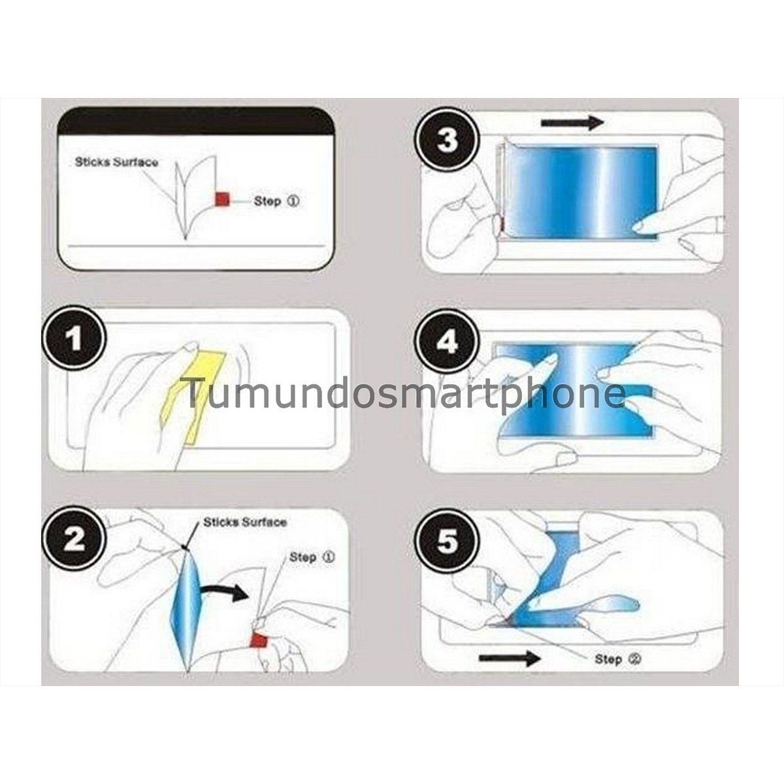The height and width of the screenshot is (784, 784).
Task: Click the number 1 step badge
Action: click(x=74, y=339)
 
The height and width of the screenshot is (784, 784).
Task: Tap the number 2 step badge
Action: click(x=74, y=539)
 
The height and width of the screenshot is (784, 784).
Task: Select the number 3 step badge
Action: click(x=448, y=140)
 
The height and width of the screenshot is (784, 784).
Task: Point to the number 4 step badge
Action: click(x=448, y=342)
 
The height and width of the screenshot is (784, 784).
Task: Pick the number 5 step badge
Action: click(x=448, y=542)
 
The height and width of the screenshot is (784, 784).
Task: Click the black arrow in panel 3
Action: click(x=572, y=122)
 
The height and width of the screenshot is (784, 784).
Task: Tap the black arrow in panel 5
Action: click(x=509, y=658)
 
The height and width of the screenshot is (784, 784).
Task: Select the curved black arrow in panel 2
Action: click(x=223, y=592)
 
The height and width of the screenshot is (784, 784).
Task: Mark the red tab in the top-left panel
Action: click(x=221, y=200)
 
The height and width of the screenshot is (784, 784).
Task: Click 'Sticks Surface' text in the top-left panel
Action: click(x=116, y=162)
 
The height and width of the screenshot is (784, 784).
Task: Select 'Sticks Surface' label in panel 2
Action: click(x=245, y=522)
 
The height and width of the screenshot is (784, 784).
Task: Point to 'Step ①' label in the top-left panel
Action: click(x=276, y=201)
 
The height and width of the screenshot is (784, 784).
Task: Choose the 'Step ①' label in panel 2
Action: click(x=312, y=557)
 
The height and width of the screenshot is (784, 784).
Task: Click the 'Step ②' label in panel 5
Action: click(x=617, y=659)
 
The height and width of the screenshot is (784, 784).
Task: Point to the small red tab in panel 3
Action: click(x=501, y=225)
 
